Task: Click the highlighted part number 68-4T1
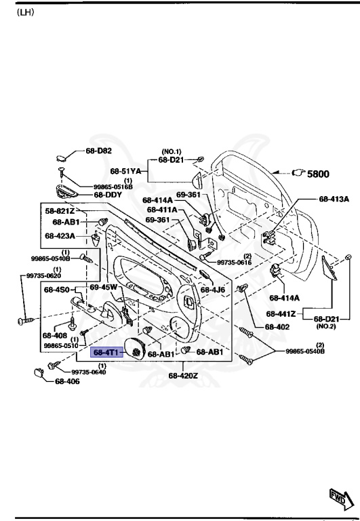tap(106, 352)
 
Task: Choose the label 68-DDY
tap(108, 194)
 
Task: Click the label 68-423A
tap(60, 236)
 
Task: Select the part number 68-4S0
tap(58, 290)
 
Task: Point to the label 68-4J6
tap(214, 290)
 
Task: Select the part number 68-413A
tap(334, 199)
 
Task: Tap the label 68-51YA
tap(126, 171)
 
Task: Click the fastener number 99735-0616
tap(235, 262)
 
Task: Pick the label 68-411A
tap(162, 210)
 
